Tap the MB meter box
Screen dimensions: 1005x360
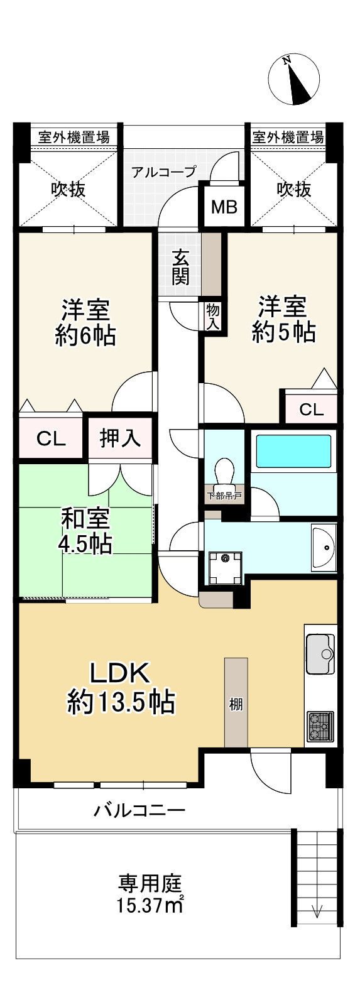(x=224, y=206)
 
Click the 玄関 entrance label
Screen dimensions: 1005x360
(x=181, y=267)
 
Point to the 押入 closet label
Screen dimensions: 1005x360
(x=120, y=438)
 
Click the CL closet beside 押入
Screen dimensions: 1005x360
(x=51, y=438)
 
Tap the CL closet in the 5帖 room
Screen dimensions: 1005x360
(x=311, y=410)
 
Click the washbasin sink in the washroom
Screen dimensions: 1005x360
(x=324, y=547)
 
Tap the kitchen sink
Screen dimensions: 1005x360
(x=321, y=654)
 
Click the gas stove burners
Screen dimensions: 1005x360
(x=321, y=727)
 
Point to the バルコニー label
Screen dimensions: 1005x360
(x=139, y=810)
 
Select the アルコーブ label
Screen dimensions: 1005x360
(x=163, y=171)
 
